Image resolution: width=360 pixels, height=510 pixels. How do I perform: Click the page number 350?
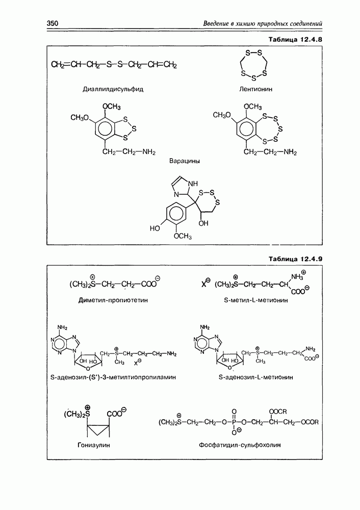tap(53, 23)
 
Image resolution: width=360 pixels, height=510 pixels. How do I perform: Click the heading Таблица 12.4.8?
tap(295, 40)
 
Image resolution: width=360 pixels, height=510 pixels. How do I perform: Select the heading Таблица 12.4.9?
tap(295, 259)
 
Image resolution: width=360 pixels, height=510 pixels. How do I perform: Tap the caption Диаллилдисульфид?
tap(113, 89)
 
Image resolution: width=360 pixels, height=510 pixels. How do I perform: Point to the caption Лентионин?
tap(255, 89)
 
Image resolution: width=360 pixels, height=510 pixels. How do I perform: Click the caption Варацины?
tap(185, 161)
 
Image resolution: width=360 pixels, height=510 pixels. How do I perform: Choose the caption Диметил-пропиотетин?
tap(113, 300)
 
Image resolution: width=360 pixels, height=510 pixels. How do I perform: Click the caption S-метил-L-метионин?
tap(256, 300)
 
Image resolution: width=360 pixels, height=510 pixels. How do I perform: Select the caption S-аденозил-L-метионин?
tap(256, 377)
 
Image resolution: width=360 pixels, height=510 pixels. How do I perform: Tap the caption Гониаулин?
tap(94, 445)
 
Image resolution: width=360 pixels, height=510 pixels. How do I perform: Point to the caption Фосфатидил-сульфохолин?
tap(240, 445)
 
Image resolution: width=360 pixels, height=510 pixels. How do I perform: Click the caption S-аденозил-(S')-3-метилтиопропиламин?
tap(113, 377)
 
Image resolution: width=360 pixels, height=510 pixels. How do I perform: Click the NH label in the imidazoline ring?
tap(193, 184)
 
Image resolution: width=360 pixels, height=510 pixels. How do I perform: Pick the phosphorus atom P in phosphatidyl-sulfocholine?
tap(234, 422)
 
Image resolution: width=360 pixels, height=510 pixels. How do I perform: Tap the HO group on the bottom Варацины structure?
tap(155, 228)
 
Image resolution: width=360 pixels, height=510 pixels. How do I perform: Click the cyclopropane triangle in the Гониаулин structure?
tap(98, 430)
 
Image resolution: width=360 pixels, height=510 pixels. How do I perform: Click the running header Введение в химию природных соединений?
tap(263, 23)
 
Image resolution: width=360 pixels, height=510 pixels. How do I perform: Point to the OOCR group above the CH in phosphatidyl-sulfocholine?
tap(278, 412)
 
